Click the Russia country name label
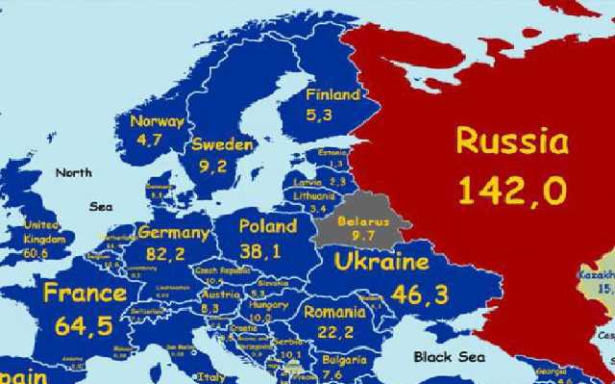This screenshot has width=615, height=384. tap(511, 141)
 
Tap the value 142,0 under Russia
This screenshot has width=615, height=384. tap(511, 191)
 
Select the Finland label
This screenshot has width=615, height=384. tap(332, 95)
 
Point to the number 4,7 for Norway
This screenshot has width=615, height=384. tap(149, 140)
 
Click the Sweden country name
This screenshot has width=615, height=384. tap(222, 144)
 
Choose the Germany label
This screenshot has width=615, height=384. tap(173, 233)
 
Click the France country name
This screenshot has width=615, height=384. tap(84, 293)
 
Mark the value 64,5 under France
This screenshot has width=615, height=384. tap(84, 325)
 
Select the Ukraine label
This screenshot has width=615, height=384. tap(381, 262)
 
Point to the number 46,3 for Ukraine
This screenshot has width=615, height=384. tap(419, 294)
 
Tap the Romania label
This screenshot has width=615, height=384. tap(333, 312)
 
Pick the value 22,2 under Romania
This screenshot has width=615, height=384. tap(333, 332)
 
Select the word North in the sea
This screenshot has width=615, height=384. tap(74, 173)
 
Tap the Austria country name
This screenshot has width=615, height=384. tap(221, 294)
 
